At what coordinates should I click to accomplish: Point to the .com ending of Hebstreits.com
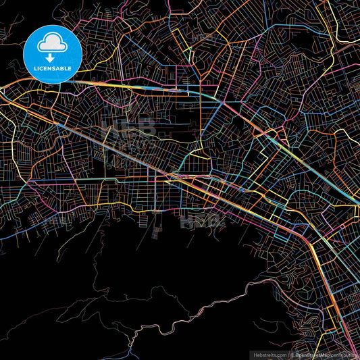(282, 354)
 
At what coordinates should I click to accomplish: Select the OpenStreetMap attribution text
(312, 354)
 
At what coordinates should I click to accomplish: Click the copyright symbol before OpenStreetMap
(292, 354)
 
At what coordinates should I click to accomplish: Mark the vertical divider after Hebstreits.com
(288, 354)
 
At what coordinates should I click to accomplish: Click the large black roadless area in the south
(135, 270)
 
